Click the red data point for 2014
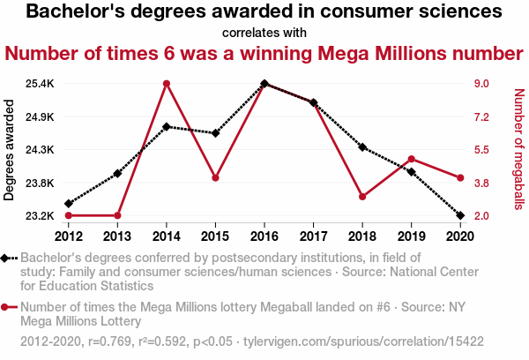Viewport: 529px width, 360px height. pyautogui.click(x=167, y=84)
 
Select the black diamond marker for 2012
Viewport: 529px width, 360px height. pyautogui.click(x=68, y=204)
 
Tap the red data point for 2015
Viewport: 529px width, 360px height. pyautogui.click(x=215, y=178)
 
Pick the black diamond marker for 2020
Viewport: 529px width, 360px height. pyautogui.click(x=460, y=215)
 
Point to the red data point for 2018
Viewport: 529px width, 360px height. pyautogui.click(x=362, y=196)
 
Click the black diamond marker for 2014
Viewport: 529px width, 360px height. pyautogui.click(x=167, y=126)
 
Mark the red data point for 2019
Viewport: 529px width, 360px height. pyautogui.click(x=411, y=159)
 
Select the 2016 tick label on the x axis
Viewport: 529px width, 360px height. pyautogui.click(x=264, y=236)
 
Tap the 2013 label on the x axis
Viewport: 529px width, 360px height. pyautogui.click(x=117, y=236)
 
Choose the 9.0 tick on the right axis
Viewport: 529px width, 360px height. pyautogui.click(x=481, y=84)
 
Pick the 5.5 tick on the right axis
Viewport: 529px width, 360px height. pyautogui.click(x=481, y=150)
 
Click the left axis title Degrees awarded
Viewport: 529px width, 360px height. pyautogui.click(x=10, y=150)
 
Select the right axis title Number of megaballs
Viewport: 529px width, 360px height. pyautogui.click(x=519, y=150)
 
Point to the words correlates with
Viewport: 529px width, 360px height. pyautogui.click(x=264, y=34)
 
